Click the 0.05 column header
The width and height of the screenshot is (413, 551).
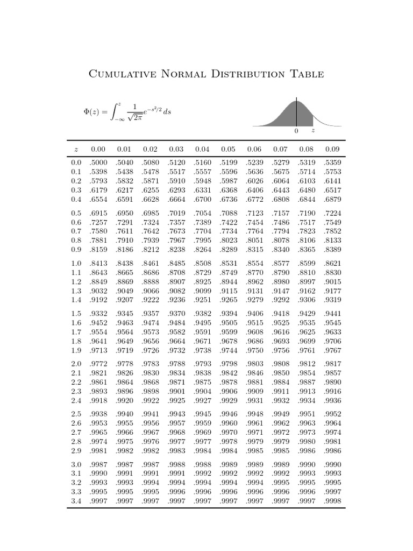click(228, 149)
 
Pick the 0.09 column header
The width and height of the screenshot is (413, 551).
click(332, 149)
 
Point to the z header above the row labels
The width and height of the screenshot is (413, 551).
click(76, 149)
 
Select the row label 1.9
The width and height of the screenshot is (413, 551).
click(76, 350)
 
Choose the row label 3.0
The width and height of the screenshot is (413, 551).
click(76, 464)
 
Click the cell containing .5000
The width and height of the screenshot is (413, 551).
click(98, 163)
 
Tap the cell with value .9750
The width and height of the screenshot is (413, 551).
click(254, 350)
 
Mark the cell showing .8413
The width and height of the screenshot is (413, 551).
click(98, 263)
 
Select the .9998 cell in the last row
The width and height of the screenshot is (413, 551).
click(332, 501)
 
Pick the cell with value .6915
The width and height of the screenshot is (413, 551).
click(98, 213)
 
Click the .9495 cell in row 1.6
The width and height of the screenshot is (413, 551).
click(228, 323)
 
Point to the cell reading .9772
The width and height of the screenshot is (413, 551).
click(98, 364)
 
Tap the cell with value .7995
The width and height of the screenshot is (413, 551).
click(202, 241)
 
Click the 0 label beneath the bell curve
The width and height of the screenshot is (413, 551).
click(296, 131)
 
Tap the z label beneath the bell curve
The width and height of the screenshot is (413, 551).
click(313, 131)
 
